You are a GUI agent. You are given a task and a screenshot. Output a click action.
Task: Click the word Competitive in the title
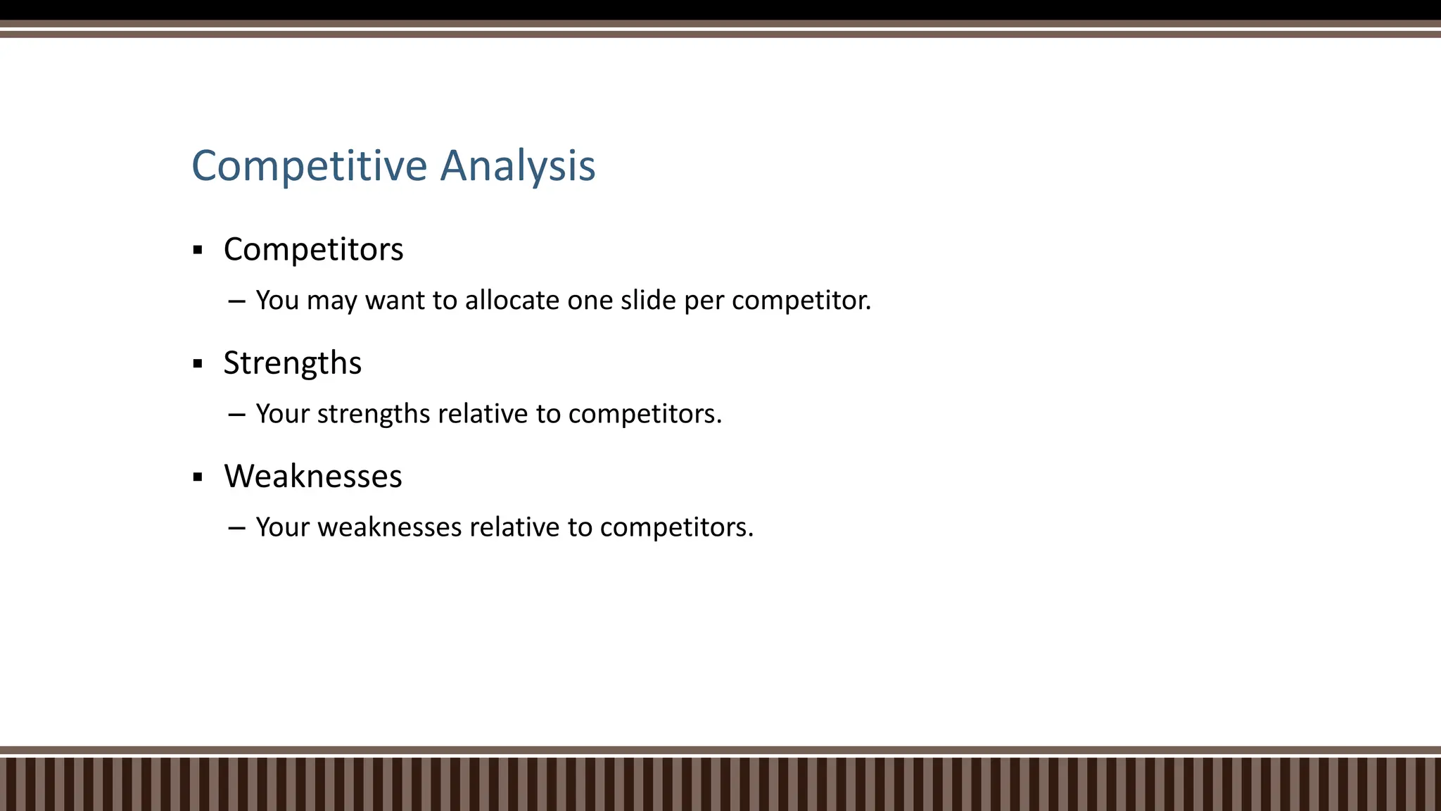[310, 166]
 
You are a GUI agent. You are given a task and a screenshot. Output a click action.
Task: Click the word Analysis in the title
[518, 166]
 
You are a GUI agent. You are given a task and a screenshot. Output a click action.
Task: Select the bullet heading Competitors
[313, 249]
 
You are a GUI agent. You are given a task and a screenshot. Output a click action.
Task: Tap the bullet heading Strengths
[292, 363]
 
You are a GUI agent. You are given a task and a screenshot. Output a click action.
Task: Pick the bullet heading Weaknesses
[313, 477]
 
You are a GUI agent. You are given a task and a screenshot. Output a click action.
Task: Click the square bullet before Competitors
[198, 250]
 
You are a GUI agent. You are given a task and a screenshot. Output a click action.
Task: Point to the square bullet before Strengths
[198, 364]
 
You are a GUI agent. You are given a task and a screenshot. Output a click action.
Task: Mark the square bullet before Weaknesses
[198, 477]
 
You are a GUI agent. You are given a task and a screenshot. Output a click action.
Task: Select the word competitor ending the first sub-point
[801, 301]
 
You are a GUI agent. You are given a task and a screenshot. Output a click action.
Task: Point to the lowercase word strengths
[374, 414]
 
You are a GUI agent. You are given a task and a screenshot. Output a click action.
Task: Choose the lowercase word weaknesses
[389, 527]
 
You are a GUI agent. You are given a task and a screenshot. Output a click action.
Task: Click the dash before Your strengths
[236, 415]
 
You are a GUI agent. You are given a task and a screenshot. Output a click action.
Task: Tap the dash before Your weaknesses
[236, 528]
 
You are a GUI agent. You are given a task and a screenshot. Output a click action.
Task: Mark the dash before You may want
[236, 301]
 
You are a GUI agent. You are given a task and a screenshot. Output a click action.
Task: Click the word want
[395, 301]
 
